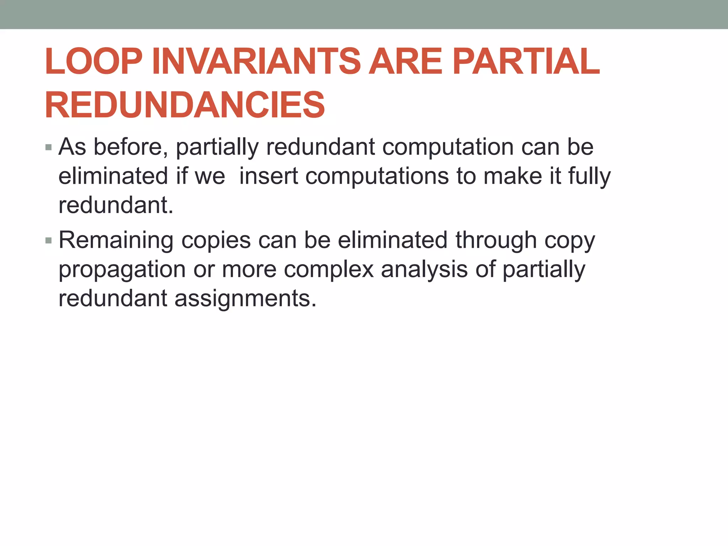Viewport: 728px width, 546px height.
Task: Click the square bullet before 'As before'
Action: tap(49, 147)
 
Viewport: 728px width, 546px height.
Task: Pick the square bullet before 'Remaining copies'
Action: tap(49, 241)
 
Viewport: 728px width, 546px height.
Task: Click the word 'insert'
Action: tap(269, 176)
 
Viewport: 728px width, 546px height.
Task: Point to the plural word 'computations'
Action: tap(377, 177)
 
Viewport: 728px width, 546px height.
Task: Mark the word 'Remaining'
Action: tap(116, 241)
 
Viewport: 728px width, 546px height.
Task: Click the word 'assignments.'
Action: tap(245, 299)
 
